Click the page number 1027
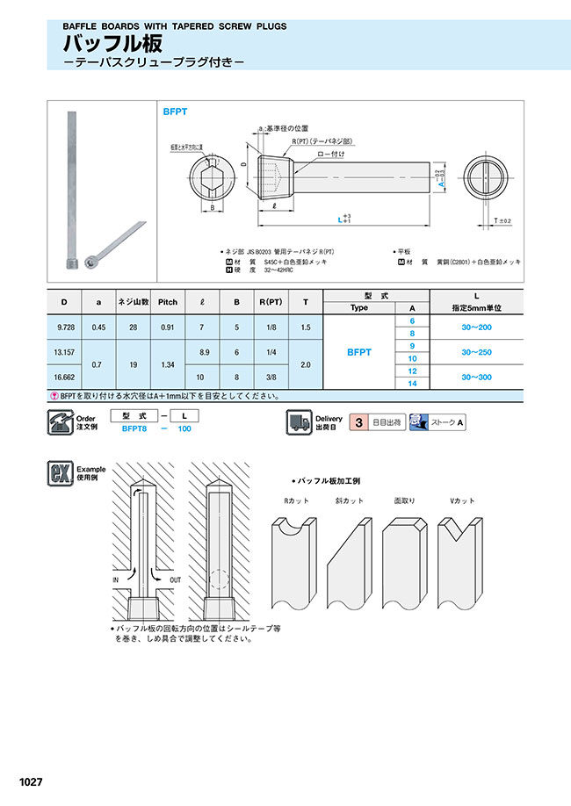pyautogui.click(x=30, y=781)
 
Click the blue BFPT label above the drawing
pyautogui.click(x=176, y=112)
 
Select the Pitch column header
pyautogui.click(x=167, y=302)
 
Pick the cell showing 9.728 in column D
pyautogui.click(x=64, y=327)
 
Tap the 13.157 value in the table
pyautogui.click(x=64, y=352)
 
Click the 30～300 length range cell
pyautogui.click(x=474, y=377)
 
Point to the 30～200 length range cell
pyautogui.click(x=474, y=327)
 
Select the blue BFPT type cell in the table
pyautogui.click(x=358, y=352)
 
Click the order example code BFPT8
pyautogui.click(x=134, y=428)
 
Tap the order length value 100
pyautogui.click(x=184, y=428)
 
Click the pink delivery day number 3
pyautogui.click(x=358, y=422)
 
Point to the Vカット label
pyautogui.click(x=462, y=500)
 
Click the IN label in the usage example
pyautogui.click(x=115, y=579)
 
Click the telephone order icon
pyautogui.click(x=59, y=422)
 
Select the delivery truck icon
pyautogui.click(x=299, y=422)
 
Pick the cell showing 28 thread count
pyautogui.click(x=133, y=327)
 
